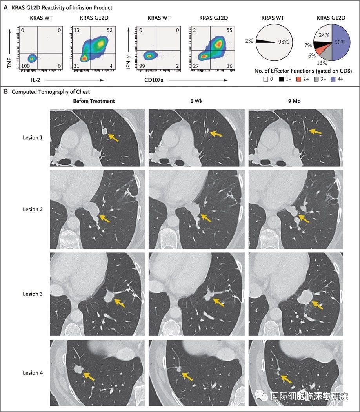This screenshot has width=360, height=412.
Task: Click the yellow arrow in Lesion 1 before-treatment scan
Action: pyautogui.click(x=113, y=137)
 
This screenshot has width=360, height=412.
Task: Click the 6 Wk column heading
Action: pyautogui.click(x=198, y=101)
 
